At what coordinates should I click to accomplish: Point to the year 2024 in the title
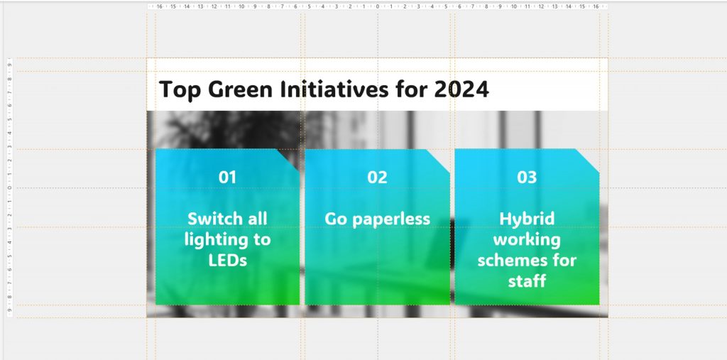pos(462,90)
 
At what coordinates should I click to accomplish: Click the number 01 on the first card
pos(227,178)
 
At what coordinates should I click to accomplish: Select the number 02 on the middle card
pos(377,178)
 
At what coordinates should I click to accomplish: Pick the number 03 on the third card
pos(527,178)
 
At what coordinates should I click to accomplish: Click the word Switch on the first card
pos(209,219)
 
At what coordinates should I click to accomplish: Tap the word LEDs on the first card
pos(227,261)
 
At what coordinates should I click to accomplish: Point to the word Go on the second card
pos(337,219)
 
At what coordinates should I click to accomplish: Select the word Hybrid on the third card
pos(527,219)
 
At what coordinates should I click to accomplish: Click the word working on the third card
pos(527,239)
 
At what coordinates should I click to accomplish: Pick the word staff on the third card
pos(527,281)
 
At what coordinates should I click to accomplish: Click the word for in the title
pos(413,90)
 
